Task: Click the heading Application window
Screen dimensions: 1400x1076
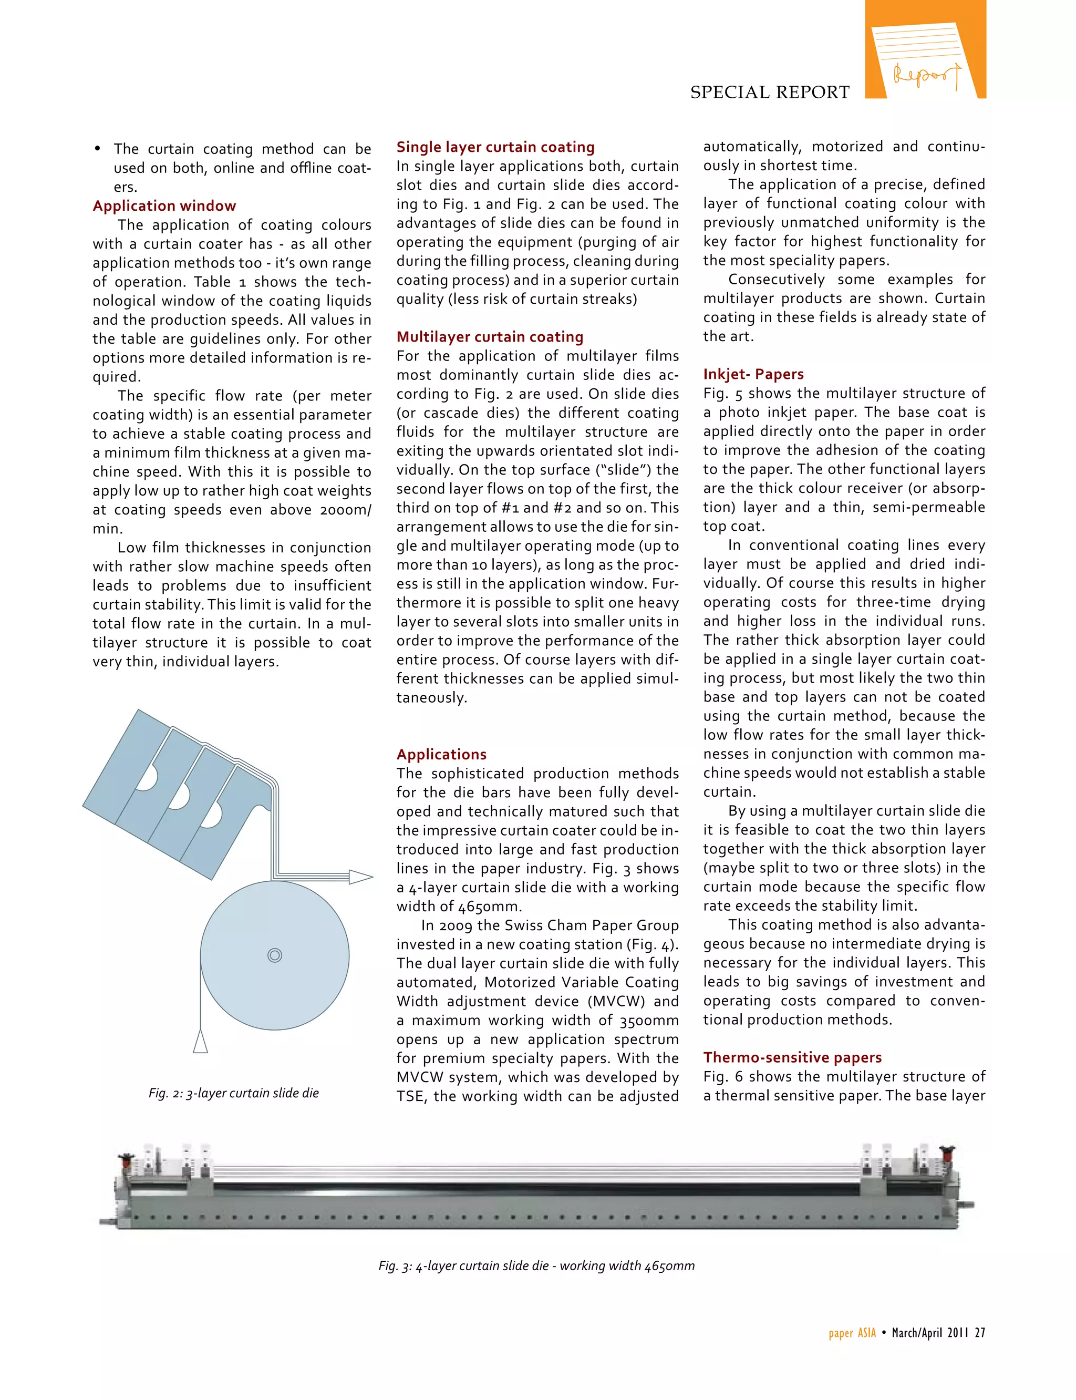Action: pos(164,205)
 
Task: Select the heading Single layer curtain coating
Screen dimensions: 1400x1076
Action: pos(495,147)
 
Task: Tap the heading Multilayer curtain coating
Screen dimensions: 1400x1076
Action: pos(489,336)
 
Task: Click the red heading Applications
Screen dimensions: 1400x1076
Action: pos(441,754)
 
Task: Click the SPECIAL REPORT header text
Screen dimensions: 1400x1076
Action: pos(769,92)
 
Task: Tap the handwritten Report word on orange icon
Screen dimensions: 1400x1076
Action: pos(926,75)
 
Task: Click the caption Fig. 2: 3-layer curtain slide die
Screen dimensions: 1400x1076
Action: pos(233,1093)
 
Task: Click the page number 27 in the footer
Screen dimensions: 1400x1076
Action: pos(980,1332)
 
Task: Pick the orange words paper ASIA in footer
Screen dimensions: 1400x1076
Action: pos(852,1332)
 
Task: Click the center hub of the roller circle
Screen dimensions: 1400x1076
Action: pos(275,955)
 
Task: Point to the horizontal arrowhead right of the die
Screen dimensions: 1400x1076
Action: pos(360,877)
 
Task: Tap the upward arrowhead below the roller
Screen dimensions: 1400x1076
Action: pos(201,1041)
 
